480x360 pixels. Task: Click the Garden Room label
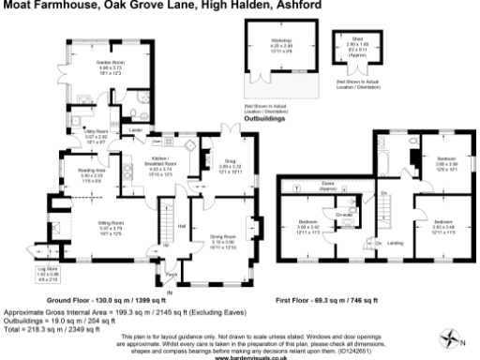click(x=111, y=63)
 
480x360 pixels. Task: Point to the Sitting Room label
click(x=111, y=223)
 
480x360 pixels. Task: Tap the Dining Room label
click(x=222, y=236)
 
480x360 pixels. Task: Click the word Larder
click(x=135, y=129)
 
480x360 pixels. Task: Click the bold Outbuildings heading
click(x=264, y=120)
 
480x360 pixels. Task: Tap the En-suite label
click(x=342, y=214)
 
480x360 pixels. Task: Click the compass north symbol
click(x=454, y=336)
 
